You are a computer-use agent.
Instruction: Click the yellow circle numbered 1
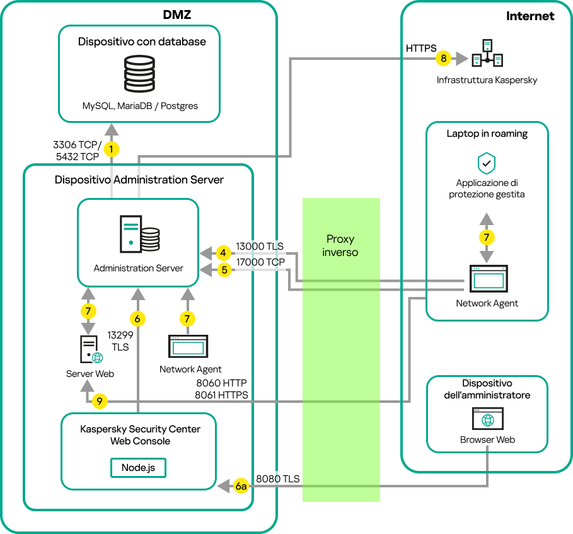coord(112,149)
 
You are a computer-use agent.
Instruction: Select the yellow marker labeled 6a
coord(241,486)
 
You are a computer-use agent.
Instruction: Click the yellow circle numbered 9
coord(100,401)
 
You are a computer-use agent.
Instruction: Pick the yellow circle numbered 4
coord(223,253)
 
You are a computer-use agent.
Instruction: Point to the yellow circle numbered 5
coord(223,270)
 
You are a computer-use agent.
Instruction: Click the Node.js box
coord(139,468)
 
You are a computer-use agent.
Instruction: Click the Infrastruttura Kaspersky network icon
coord(487,54)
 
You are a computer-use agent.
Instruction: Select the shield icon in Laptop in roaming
coord(486,164)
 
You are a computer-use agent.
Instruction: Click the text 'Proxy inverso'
coord(340,246)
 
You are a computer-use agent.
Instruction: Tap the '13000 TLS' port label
coord(260,247)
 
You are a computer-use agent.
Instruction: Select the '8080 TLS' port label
coord(277,479)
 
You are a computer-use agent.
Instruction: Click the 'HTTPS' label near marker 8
coord(421,48)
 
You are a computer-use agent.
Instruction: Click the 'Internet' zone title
coord(530,16)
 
